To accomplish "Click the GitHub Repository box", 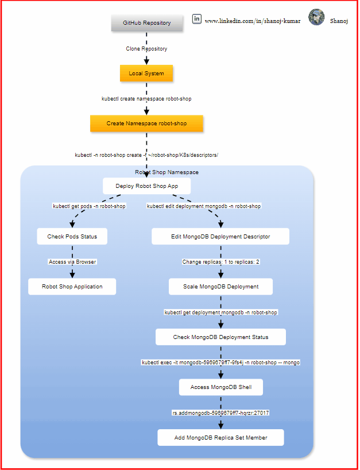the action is click(x=147, y=23).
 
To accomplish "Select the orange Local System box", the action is click(x=146, y=74).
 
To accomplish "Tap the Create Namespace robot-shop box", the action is click(x=147, y=124).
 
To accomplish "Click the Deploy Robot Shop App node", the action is click(x=147, y=186).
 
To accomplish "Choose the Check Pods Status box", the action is click(x=72, y=237).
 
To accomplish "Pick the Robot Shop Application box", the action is click(x=72, y=287).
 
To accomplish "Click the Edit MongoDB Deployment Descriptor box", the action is click(x=220, y=237).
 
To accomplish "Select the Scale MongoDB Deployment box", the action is click(x=220, y=287).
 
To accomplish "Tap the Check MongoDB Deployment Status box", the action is click(x=220, y=337).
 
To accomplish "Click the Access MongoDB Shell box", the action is click(x=221, y=387).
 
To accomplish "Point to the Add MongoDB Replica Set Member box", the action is click(x=220, y=438).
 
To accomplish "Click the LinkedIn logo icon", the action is click(x=197, y=19).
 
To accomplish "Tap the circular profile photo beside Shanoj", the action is click(x=316, y=17).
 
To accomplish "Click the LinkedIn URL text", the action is click(x=253, y=21).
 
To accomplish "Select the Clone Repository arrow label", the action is click(x=146, y=49).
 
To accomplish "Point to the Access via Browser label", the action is click(x=72, y=261).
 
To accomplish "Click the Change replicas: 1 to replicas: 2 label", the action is click(x=220, y=261).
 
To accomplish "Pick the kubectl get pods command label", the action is click(x=89, y=206).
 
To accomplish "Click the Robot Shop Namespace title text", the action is click(x=167, y=172).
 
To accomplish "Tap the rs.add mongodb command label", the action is click(x=220, y=413).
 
